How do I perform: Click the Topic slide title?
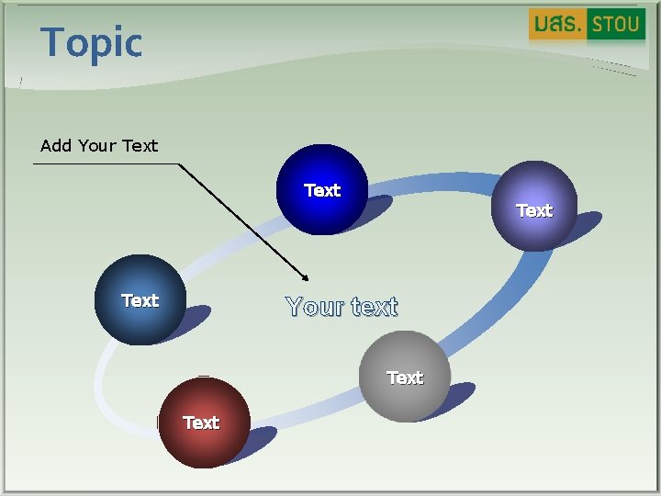92,42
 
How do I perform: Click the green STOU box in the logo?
615,24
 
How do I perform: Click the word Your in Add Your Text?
97,145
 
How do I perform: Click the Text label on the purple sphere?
534,210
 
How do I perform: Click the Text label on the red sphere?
201,423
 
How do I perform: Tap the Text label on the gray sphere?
405,378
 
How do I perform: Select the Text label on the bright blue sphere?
322,190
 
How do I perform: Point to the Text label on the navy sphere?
140,300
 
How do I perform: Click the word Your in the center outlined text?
314,307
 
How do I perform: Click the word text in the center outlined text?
374,307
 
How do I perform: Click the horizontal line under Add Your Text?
106,164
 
